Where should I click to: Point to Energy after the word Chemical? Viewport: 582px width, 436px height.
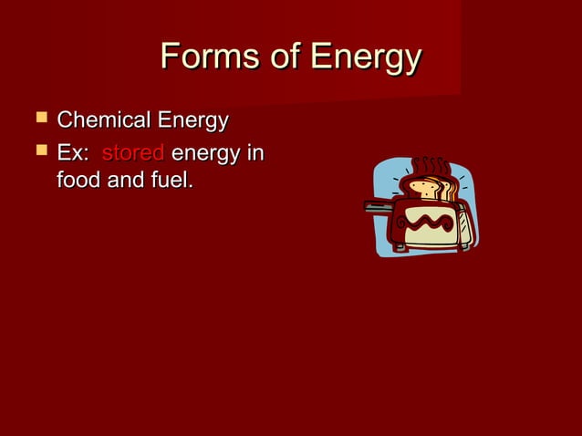[x=192, y=121]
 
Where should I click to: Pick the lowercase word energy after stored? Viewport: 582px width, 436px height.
[x=207, y=152]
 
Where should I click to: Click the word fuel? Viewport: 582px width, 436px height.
[x=173, y=180]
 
